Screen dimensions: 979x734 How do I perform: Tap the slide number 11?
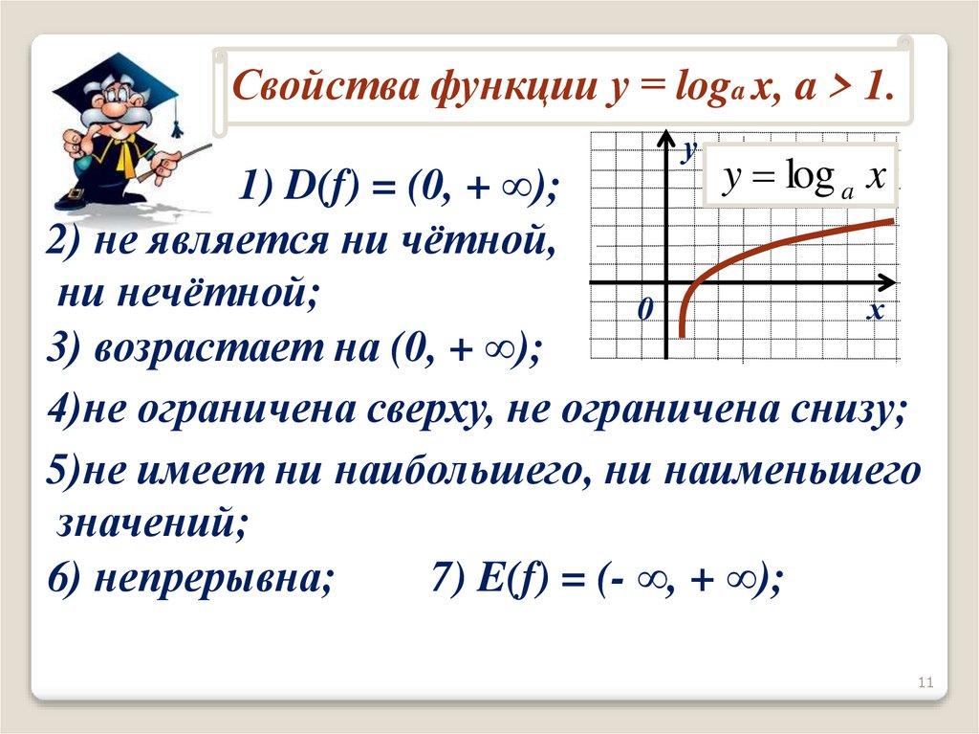click(925, 681)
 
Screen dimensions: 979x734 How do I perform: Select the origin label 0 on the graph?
click(645, 309)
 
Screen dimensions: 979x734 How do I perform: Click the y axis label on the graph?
click(689, 150)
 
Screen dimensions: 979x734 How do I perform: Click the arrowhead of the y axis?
click(666, 140)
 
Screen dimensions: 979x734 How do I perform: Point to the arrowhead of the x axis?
click(887, 282)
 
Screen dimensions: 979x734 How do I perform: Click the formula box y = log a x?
click(801, 176)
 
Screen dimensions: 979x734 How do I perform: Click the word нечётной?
click(187, 292)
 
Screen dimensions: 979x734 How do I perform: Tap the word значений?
click(151, 523)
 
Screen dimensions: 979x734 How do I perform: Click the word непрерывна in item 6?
click(213, 578)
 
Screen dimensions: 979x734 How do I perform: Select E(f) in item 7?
click(512, 578)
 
